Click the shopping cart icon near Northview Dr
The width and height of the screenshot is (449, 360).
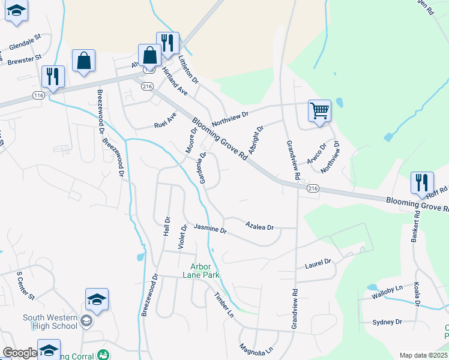click(x=319, y=110)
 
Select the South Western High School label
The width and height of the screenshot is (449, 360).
click(x=50, y=322)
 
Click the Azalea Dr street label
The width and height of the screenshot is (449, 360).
click(x=259, y=226)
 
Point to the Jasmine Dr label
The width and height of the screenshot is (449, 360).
click(x=210, y=229)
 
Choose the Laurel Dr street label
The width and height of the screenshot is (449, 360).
click(x=318, y=263)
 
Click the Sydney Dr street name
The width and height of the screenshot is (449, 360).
click(x=387, y=322)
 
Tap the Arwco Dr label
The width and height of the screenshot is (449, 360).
click(x=316, y=154)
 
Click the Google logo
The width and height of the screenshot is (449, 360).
click(x=20, y=353)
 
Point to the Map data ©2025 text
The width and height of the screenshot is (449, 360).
click(x=423, y=355)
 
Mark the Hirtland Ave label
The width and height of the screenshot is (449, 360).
click(x=175, y=82)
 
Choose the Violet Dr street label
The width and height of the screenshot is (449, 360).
click(x=182, y=237)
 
